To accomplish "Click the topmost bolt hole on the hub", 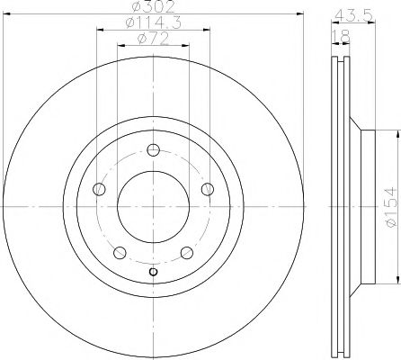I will [x=153, y=150].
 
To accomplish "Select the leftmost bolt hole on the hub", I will [x=100, y=189].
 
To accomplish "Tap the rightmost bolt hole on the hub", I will [x=207, y=188].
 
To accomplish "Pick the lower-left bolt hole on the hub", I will [x=120, y=251].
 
